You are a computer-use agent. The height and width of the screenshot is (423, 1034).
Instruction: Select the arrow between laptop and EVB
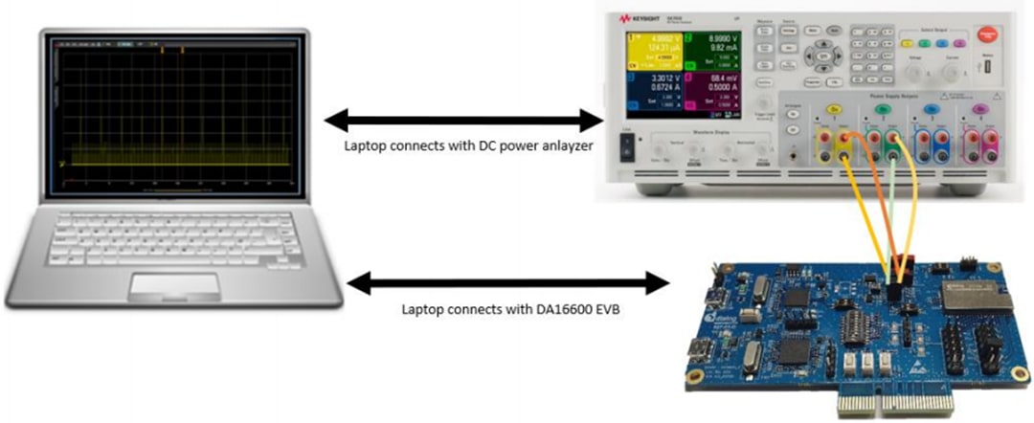tap(506, 283)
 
